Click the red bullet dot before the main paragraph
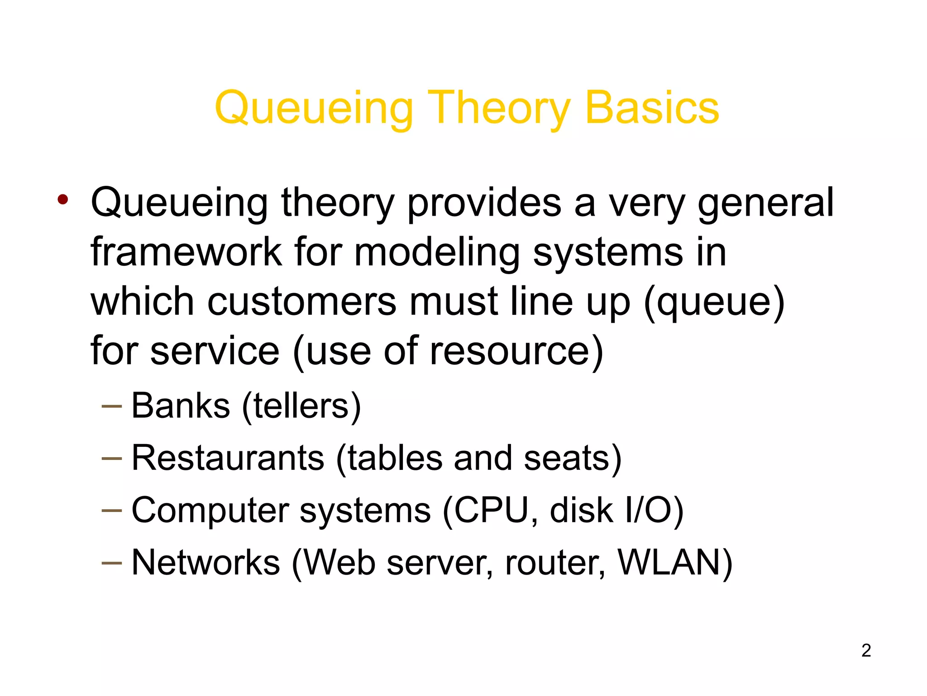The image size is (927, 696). pyautogui.click(x=63, y=199)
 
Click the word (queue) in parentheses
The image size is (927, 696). pyautogui.click(x=714, y=302)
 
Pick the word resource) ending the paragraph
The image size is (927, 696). pyautogui.click(x=516, y=351)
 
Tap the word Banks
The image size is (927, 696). pyautogui.click(x=181, y=406)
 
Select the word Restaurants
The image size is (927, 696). pyautogui.click(x=228, y=458)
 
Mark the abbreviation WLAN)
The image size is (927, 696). pyautogui.click(x=675, y=562)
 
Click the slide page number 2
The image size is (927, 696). pyautogui.click(x=866, y=650)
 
